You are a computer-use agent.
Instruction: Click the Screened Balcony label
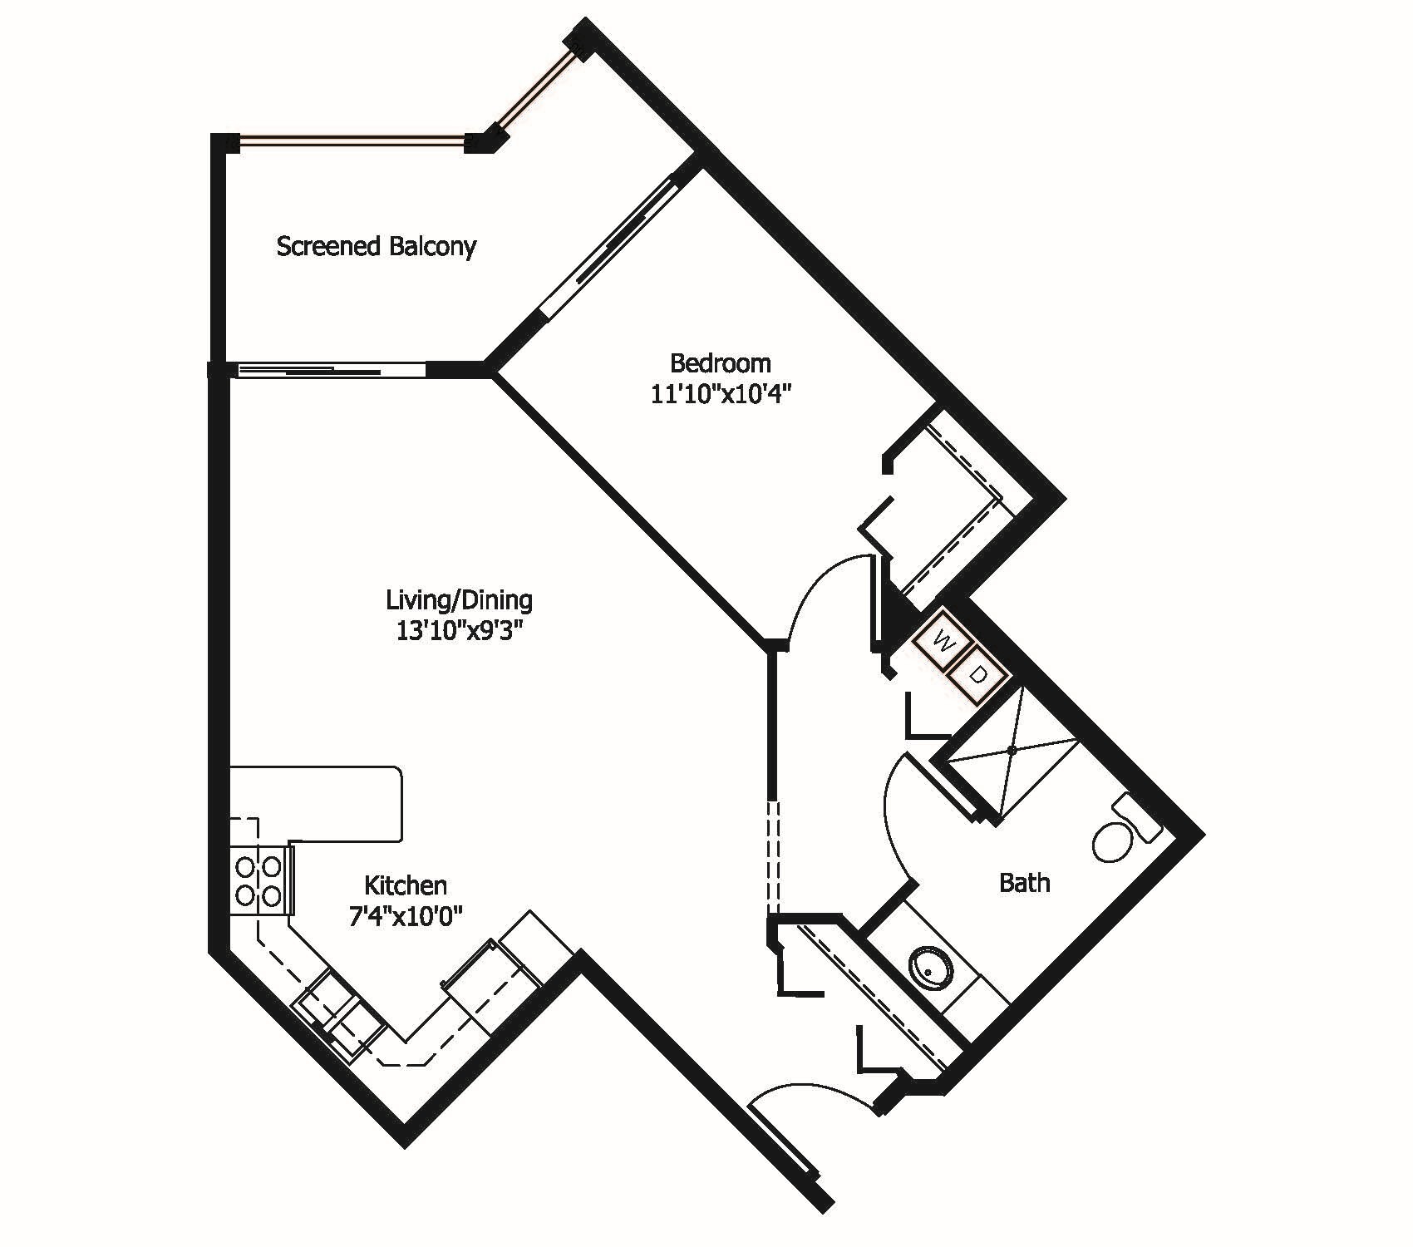376,246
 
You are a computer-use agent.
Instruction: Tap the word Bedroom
720,363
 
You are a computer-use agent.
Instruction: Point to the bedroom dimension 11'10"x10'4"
719,394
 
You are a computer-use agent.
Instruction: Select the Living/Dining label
459,599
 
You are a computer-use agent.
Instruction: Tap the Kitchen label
406,885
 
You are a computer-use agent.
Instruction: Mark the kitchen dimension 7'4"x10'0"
405,916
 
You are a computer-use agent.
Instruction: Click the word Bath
1024,882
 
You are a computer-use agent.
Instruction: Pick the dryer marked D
979,676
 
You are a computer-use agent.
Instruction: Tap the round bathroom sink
930,969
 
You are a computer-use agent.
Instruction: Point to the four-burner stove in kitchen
258,881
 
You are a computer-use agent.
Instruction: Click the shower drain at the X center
1012,750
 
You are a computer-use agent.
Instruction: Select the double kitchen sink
339,1020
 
